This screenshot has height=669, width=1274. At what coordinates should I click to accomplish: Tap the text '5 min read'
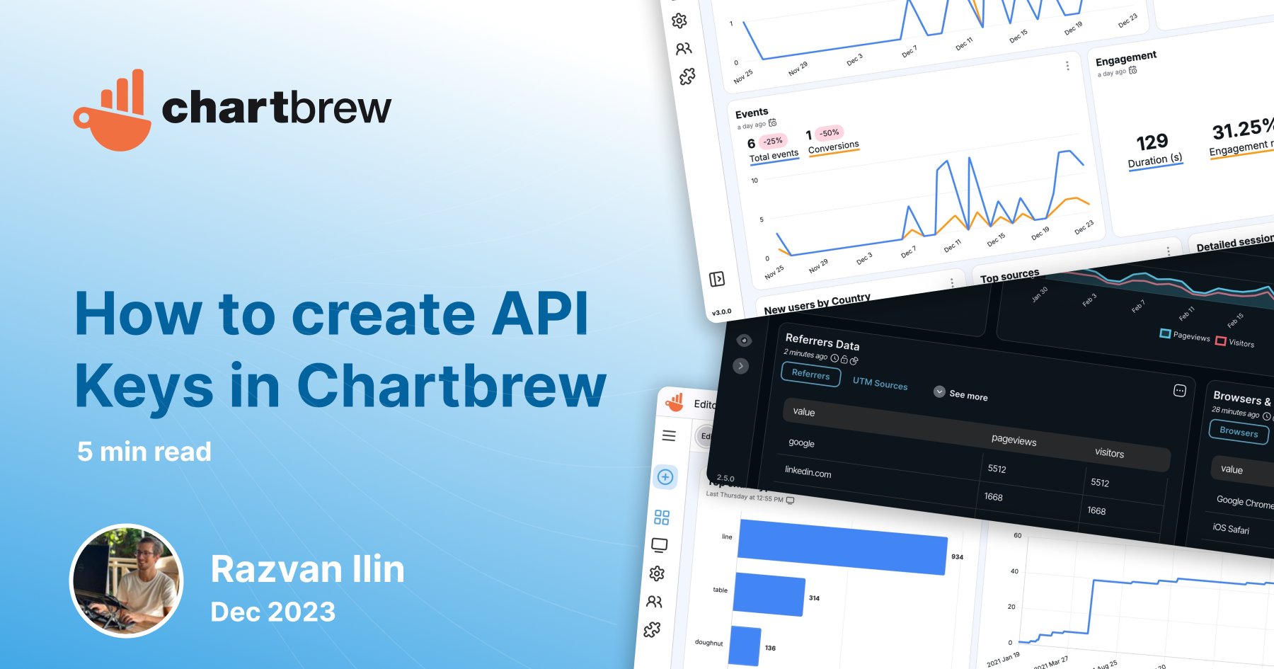pyautogui.click(x=144, y=452)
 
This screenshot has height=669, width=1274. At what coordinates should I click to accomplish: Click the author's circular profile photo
pyautogui.click(x=127, y=581)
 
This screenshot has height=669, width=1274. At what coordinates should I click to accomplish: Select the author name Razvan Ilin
pyautogui.click(x=307, y=569)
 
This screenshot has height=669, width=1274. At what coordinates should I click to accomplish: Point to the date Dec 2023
pyautogui.click(x=273, y=612)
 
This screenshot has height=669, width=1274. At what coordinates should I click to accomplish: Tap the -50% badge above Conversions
pyautogui.click(x=830, y=133)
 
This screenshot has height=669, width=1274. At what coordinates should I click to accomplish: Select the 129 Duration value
pyautogui.click(x=1152, y=142)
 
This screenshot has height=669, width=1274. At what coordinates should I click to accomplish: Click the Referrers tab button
pyautogui.click(x=810, y=374)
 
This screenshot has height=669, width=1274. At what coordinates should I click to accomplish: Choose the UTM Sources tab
pyautogui.click(x=880, y=384)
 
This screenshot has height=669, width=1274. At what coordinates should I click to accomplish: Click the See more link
pyautogui.click(x=968, y=396)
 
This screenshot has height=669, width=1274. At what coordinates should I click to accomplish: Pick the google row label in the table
pyautogui.click(x=801, y=443)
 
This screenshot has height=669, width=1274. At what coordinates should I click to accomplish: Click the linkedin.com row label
pyautogui.click(x=808, y=472)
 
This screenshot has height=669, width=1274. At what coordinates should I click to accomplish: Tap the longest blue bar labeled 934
pyautogui.click(x=842, y=546)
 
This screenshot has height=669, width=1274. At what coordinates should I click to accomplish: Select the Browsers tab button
pyautogui.click(x=1239, y=432)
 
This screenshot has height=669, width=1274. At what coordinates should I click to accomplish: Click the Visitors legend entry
pyautogui.click(x=1235, y=343)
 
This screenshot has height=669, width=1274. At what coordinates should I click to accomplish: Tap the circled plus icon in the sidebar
pyautogui.click(x=665, y=477)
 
